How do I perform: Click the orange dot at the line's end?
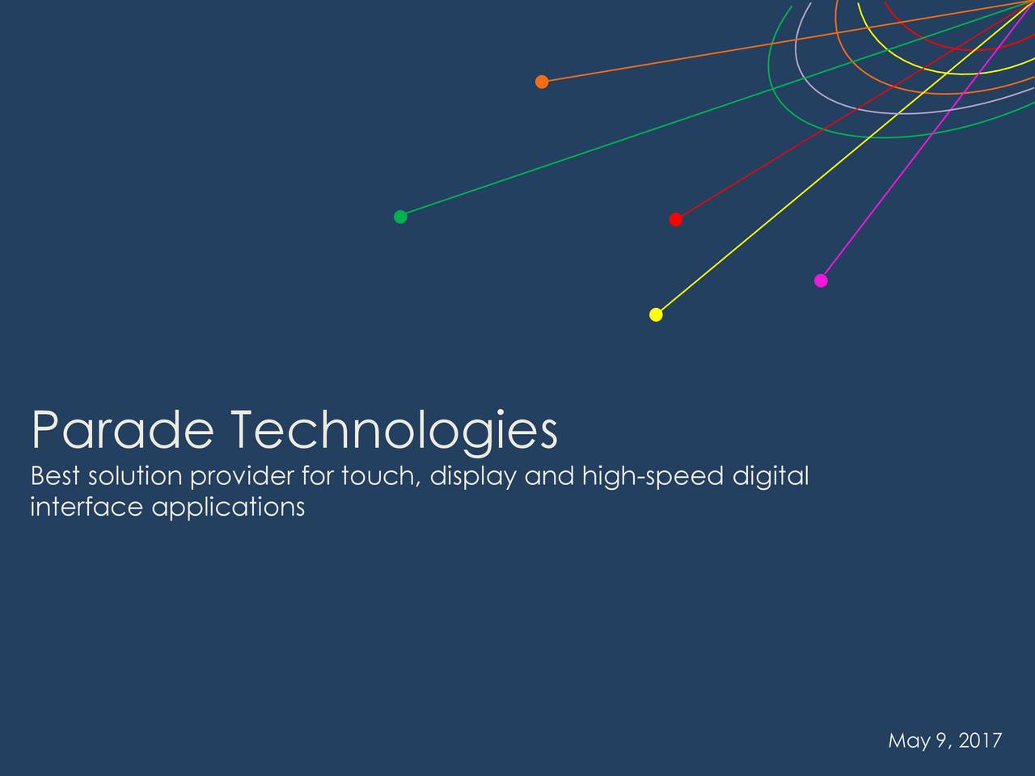[542, 81]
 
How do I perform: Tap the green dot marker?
[399, 217]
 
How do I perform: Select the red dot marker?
[676, 219]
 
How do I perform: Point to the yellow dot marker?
[656, 314]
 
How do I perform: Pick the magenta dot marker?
[821, 280]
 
